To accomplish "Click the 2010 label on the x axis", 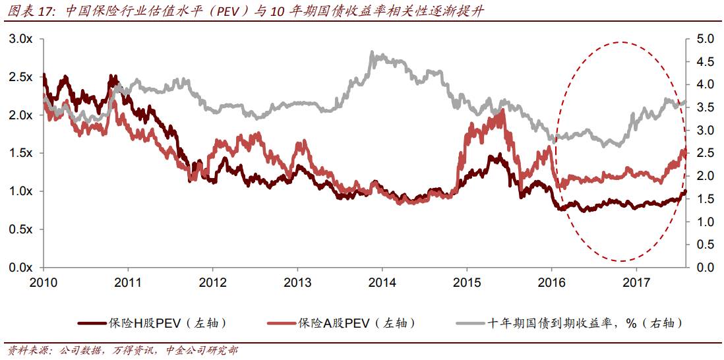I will tap(44, 282).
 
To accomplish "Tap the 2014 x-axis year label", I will tap(382, 282).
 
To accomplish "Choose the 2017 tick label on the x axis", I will tap(636, 282).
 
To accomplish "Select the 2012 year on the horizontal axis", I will tap(213, 282).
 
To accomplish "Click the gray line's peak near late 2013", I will tap(373, 53).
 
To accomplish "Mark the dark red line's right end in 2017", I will tap(685, 192).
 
